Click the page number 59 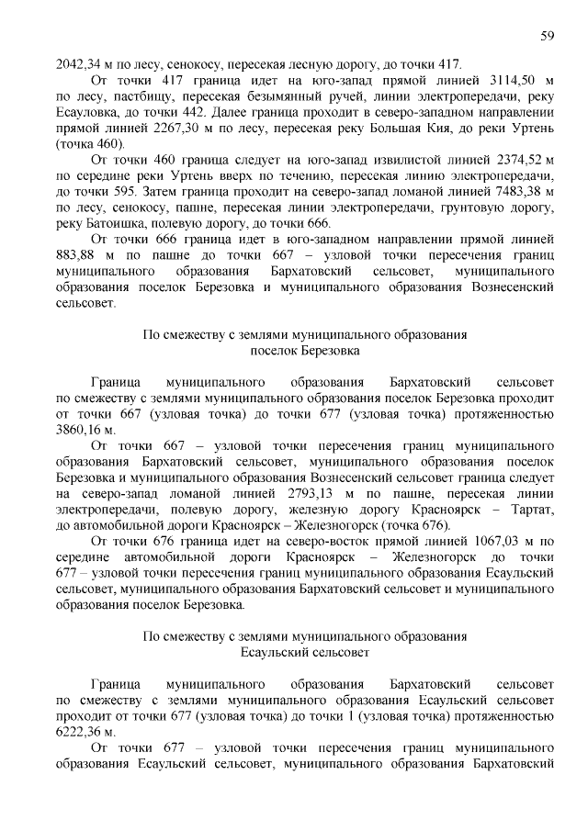tap(546, 36)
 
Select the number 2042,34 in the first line tap(80, 63)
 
